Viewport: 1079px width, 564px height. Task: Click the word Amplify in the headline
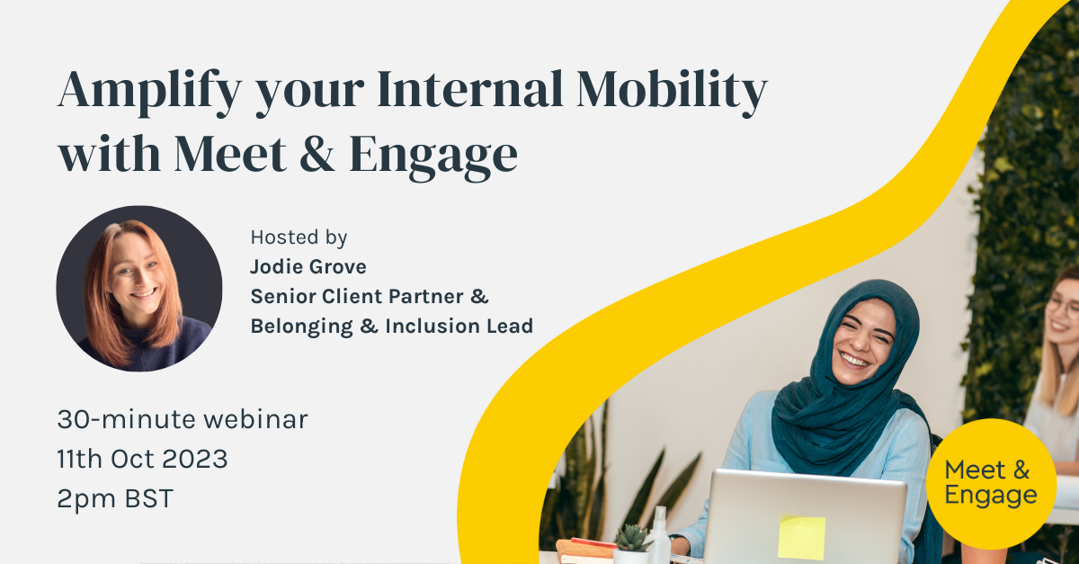click(x=149, y=92)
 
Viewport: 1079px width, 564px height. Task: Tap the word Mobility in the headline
click(x=672, y=92)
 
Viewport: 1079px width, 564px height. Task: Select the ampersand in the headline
click(x=317, y=154)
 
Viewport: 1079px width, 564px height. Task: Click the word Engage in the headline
click(x=433, y=157)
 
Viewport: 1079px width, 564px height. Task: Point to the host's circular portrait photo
click(x=139, y=289)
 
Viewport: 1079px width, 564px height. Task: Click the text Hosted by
click(x=299, y=237)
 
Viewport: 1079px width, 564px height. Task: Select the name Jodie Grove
click(x=308, y=266)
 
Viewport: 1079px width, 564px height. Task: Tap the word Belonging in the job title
click(x=301, y=327)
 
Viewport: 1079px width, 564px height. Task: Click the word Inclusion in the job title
click(x=432, y=326)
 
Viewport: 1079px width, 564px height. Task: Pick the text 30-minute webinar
click(x=182, y=419)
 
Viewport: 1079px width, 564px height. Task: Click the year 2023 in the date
click(x=194, y=459)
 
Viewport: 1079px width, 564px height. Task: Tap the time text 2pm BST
click(x=115, y=498)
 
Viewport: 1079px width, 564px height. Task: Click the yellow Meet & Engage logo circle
click(x=991, y=484)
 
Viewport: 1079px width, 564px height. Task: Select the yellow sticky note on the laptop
click(x=801, y=538)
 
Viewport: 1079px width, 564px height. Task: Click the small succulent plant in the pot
click(x=631, y=539)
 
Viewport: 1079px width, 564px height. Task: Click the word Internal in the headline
click(x=470, y=90)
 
